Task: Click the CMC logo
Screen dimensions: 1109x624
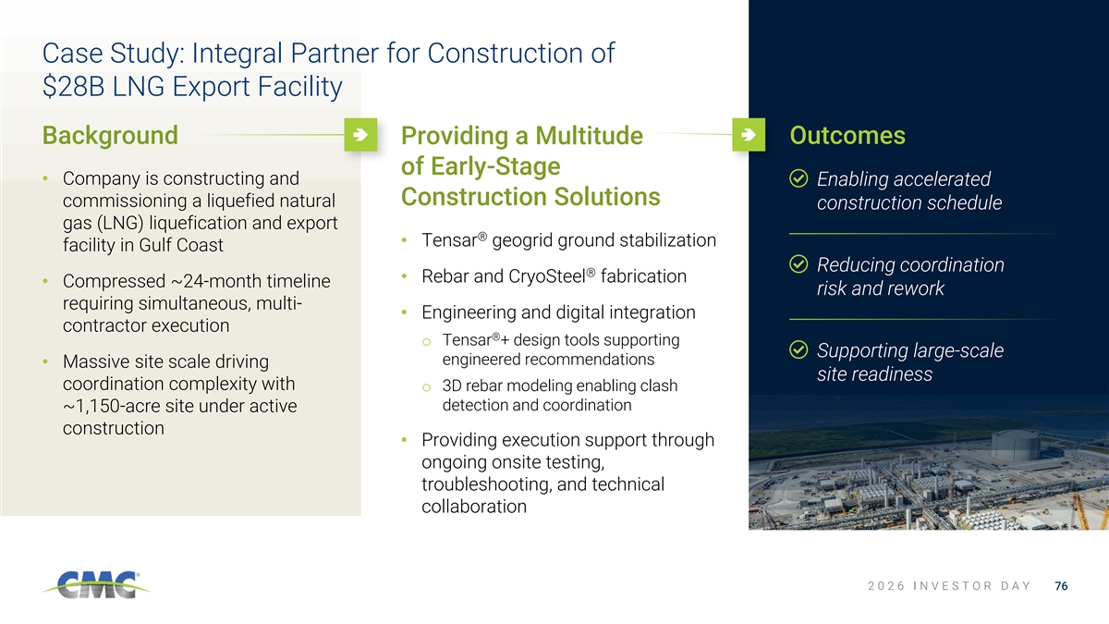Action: pyautogui.click(x=96, y=585)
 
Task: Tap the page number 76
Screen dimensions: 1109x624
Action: pyautogui.click(x=1061, y=586)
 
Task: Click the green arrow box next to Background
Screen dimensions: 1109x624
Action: pyautogui.click(x=360, y=135)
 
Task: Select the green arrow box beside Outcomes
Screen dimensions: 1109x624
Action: pyautogui.click(x=749, y=135)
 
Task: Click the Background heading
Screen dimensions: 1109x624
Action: pyautogui.click(x=110, y=135)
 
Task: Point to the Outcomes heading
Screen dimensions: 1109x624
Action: pyautogui.click(x=847, y=135)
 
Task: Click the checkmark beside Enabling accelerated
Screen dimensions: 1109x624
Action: pyautogui.click(x=798, y=178)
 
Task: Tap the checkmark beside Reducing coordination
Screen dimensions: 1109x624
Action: pyautogui.click(x=798, y=264)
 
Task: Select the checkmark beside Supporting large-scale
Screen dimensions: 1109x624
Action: pyautogui.click(x=798, y=349)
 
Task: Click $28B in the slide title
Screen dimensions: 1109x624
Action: pyautogui.click(x=73, y=87)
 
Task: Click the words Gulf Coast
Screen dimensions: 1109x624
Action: pyautogui.click(x=181, y=245)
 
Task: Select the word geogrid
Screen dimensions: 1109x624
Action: pyautogui.click(x=522, y=240)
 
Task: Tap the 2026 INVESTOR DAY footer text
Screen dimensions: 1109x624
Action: pyautogui.click(x=949, y=586)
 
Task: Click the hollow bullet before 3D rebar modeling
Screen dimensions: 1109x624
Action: pyautogui.click(x=426, y=387)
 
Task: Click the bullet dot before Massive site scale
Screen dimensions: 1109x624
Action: pyautogui.click(x=45, y=361)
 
